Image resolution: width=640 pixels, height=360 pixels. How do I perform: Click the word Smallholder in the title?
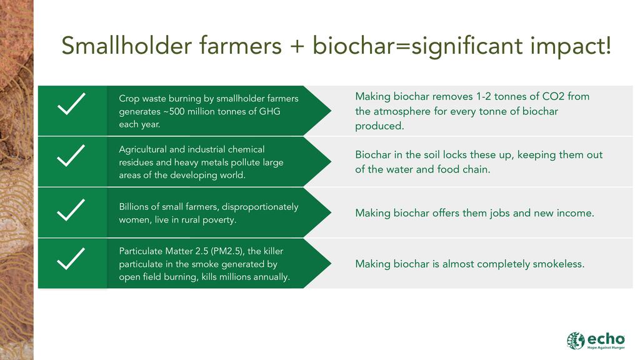click(x=127, y=45)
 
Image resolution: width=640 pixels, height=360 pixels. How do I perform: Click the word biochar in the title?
click(x=353, y=45)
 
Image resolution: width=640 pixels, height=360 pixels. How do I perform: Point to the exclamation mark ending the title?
click(x=608, y=45)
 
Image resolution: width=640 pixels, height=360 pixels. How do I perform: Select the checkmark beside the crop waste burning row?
click(x=71, y=104)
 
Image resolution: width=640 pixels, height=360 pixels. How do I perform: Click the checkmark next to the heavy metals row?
click(x=71, y=155)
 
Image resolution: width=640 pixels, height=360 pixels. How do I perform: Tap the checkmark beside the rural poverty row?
click(x=71, y=210)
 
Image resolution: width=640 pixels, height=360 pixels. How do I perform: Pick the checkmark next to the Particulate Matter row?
click(x=71, y=259)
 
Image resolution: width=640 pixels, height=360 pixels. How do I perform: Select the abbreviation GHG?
click(x=270, y=111)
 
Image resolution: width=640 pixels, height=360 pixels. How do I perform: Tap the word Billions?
click(x=134, y=206)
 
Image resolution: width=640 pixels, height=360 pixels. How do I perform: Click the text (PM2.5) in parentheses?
click(x=228, y=251)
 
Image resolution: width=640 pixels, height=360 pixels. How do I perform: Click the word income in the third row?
click(x=578, y=213)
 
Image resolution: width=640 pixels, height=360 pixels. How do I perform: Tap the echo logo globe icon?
click(x=576, y=341)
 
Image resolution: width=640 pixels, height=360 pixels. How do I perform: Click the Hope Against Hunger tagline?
click(x=606, y=347)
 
